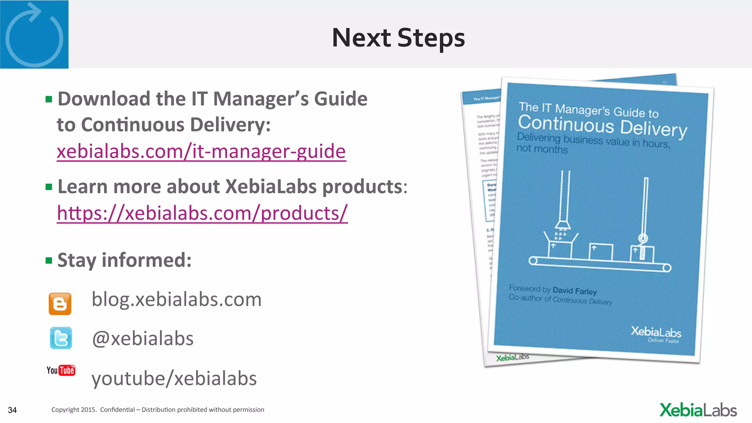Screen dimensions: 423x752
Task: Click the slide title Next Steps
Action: click(x=398, y=38)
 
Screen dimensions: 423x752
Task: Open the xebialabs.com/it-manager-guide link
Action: click(x=201, y=151)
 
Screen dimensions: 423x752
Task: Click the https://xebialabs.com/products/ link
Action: click(x=202, y=213)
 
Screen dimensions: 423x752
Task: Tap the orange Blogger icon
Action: click(x=60, y=304)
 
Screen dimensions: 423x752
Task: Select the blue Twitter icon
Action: click(x=61, y=338)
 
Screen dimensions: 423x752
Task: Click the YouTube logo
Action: click(x=61, y=370)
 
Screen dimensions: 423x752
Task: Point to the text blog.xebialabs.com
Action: click(x=176, y=299)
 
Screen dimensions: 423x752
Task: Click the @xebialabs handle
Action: click(x=142, y=338)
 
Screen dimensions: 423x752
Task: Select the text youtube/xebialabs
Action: click(x=174, y=379)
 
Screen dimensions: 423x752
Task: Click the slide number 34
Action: click(x=12, y=410)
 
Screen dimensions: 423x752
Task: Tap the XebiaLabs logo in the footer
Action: click(x=698, y=410)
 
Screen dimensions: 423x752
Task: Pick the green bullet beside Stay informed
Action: click(x=49, y=261)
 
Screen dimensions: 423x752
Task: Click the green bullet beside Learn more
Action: click(x=49, y=187)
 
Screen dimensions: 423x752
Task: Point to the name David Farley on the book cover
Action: click(x=575, y=291)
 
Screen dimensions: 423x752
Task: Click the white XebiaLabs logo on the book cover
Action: click(x=656, y=332)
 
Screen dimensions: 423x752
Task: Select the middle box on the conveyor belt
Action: click(x=601, y=252)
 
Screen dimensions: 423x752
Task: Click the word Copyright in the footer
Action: click(x=65, y=410)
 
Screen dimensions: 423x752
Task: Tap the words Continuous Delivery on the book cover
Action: click(x=602, y=126)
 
